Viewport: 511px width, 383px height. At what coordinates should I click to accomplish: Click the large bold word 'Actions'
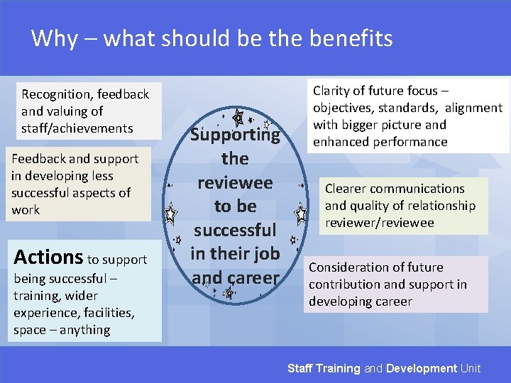pyautogui.click(x=48, y=257)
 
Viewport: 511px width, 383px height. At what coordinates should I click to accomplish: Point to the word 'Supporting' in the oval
pyautogui.click(x=235, y=135)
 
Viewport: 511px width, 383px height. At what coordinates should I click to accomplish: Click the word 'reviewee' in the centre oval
pyautogui.click(x=235, y=182)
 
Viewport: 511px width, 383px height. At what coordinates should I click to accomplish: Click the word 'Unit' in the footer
pyautogui.click(x=471, y=368)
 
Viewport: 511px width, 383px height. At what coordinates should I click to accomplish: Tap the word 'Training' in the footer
pyautogui.click(x=338, y=368)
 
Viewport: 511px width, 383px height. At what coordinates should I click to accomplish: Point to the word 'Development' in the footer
pyautogui.click(x=422, y=368)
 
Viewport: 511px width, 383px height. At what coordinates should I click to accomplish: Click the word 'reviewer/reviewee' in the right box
pyautogui.click(x=379, y=223)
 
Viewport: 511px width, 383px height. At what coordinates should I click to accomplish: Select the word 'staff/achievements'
pyautogui.click(x=77, y=128)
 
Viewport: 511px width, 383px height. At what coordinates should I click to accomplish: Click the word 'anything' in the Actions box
pyautogui.click(x=85, y=330)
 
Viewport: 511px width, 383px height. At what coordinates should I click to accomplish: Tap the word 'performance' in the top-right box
pyautogui.click(x=412, y=142)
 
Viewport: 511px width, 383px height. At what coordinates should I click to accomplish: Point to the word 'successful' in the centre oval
pyautogui.click(x=235, y=230)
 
